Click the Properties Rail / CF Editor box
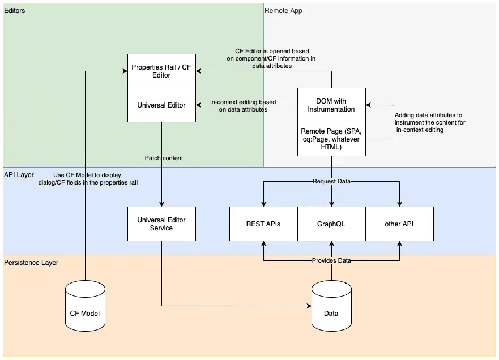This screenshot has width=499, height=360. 161,71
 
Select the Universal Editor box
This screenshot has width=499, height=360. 161,105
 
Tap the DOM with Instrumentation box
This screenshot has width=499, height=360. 331,105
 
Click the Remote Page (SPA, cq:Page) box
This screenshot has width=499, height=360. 331,139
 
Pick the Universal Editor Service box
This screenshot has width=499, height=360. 161,224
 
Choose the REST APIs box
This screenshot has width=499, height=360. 263,224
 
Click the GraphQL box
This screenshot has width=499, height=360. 331,224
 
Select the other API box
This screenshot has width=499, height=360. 399,224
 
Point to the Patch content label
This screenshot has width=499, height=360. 164,158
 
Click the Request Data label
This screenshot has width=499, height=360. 331,182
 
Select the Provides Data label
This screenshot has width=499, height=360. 331,260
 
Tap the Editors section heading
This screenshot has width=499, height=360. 14,11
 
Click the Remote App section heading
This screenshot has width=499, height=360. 284,11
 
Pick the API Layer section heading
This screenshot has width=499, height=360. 19,175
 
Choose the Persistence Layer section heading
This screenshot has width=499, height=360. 31,263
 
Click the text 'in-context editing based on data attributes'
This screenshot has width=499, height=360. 243,106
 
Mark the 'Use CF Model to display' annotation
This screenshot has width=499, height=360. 95,178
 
